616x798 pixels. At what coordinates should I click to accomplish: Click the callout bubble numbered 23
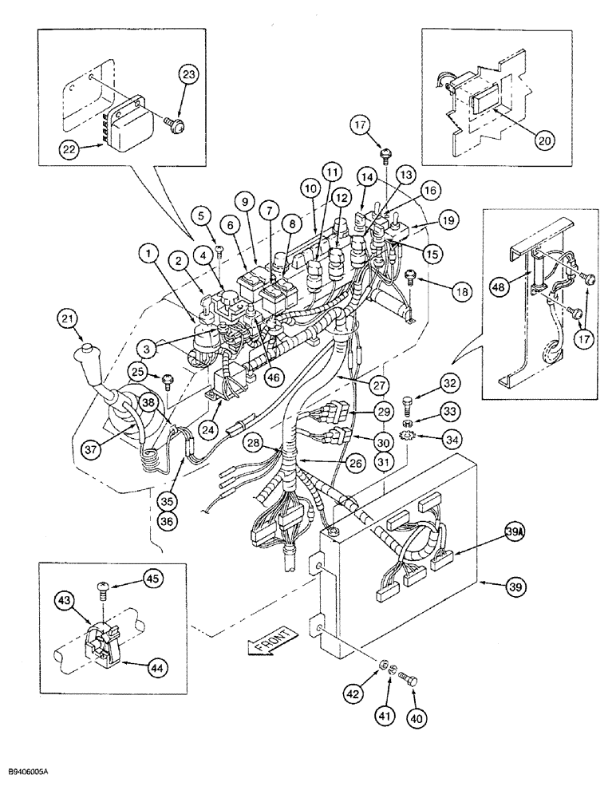coord(188,77)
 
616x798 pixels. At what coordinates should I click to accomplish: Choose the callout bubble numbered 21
coord(69,320)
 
